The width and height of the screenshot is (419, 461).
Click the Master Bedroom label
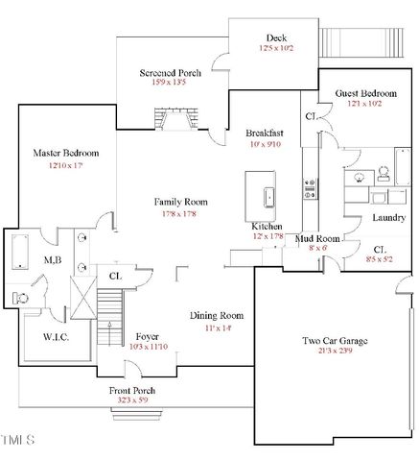click(x=66, y=153)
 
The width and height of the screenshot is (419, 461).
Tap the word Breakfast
click(x=265, y=133)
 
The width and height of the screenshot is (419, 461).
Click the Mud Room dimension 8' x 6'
click(x=317, y=247)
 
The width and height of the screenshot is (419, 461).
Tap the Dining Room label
click(x=218, y=316)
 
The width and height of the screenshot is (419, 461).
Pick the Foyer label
click(x=147, y=336)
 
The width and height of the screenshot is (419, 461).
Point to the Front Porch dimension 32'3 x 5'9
click(x=132, y=402)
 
